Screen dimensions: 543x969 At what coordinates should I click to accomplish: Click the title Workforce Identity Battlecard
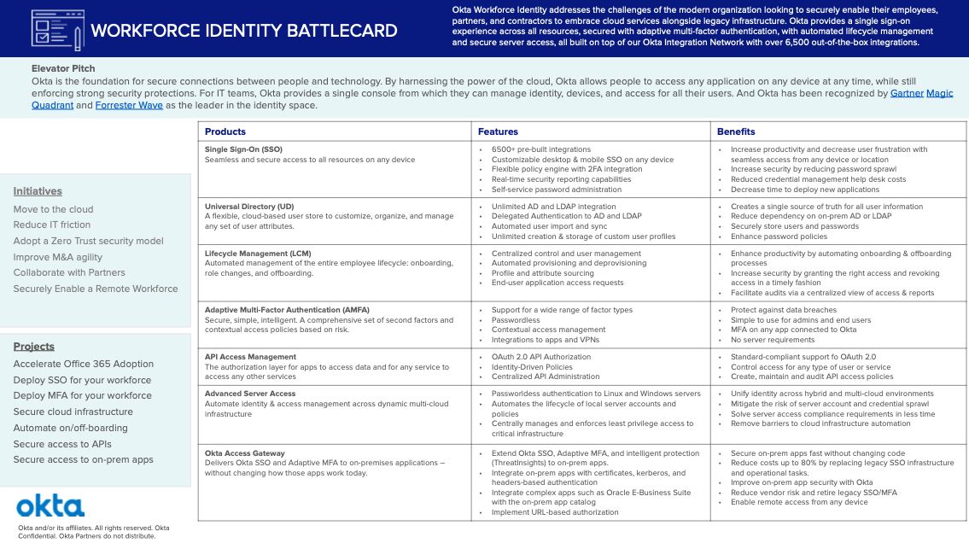pyautogui.click(x=243, y=31)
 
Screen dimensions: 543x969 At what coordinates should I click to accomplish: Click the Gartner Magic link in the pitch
pyautogui.click(x=921, y=93)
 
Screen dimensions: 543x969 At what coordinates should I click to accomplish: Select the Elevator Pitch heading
pyautogui.click(x=63, y=68)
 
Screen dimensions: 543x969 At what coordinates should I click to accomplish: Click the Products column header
pyautogui.click(x=225, y=131)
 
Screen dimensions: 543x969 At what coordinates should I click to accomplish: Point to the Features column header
pyautogui.click(x=498, y=131)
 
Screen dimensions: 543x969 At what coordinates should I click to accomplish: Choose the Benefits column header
pyautogui.click(x=736, y=131)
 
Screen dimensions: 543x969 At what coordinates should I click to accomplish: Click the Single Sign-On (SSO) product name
pyautogui.click(x=243, y=149)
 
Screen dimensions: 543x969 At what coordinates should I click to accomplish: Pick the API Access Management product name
pyautogui.click(x=250, y=357)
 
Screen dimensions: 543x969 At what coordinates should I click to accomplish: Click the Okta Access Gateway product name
pyautogui.click(x=244, y=453)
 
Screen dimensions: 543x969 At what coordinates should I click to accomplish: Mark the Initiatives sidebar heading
pyautogui.click(x=38, y=191)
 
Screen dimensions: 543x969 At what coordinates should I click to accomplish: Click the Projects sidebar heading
pyautogui.click(x=34, y=347)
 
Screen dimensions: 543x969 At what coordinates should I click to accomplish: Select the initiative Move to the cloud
pyautogui.click(x=53, y=209)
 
